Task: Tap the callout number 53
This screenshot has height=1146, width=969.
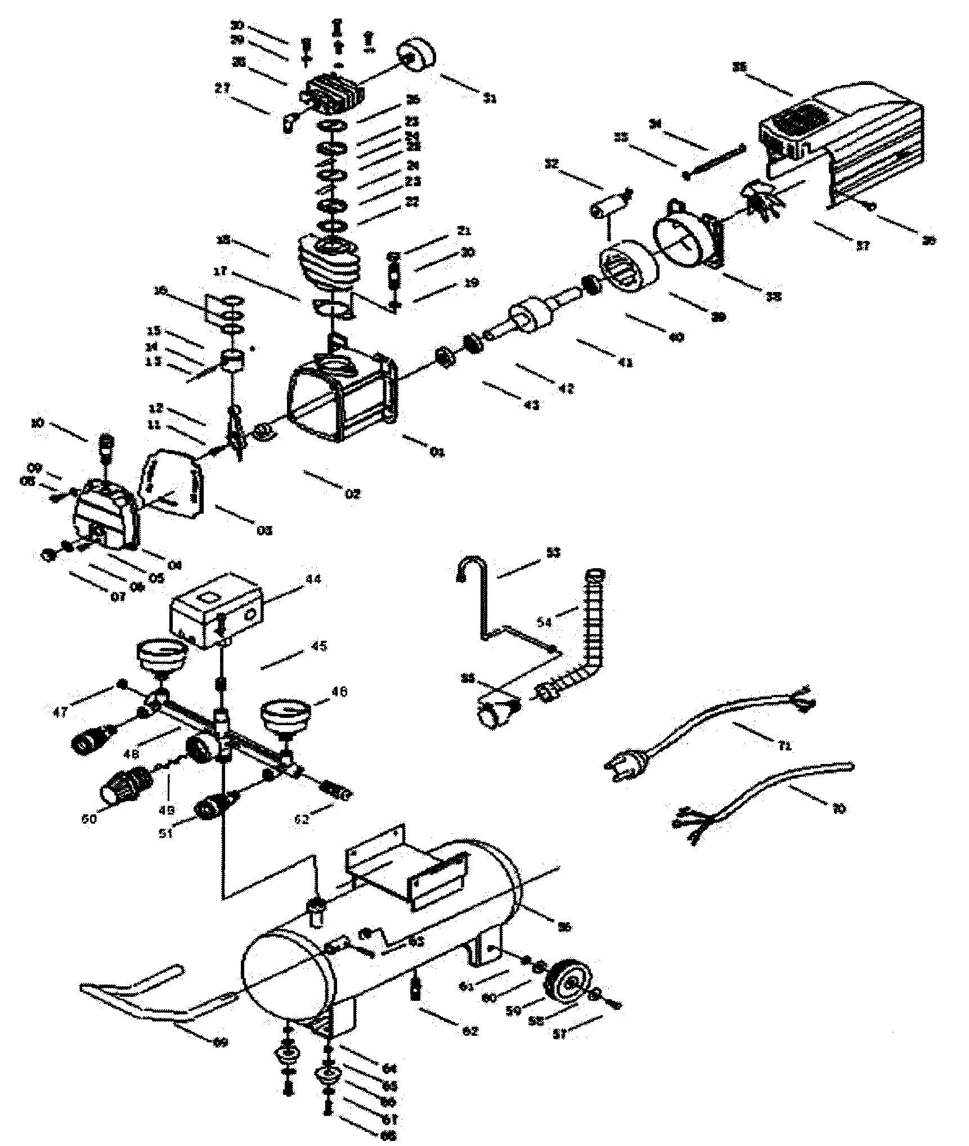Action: (x=554, y=553)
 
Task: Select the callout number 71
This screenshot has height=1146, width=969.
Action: (x=784, y=746)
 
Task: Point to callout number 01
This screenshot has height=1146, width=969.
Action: (x=437, y=452)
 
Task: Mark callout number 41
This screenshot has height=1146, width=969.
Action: (x=625, y=362)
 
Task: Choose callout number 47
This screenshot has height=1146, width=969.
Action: (x=60, y=712)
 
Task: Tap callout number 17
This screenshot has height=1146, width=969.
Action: (x=220, y=272)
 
